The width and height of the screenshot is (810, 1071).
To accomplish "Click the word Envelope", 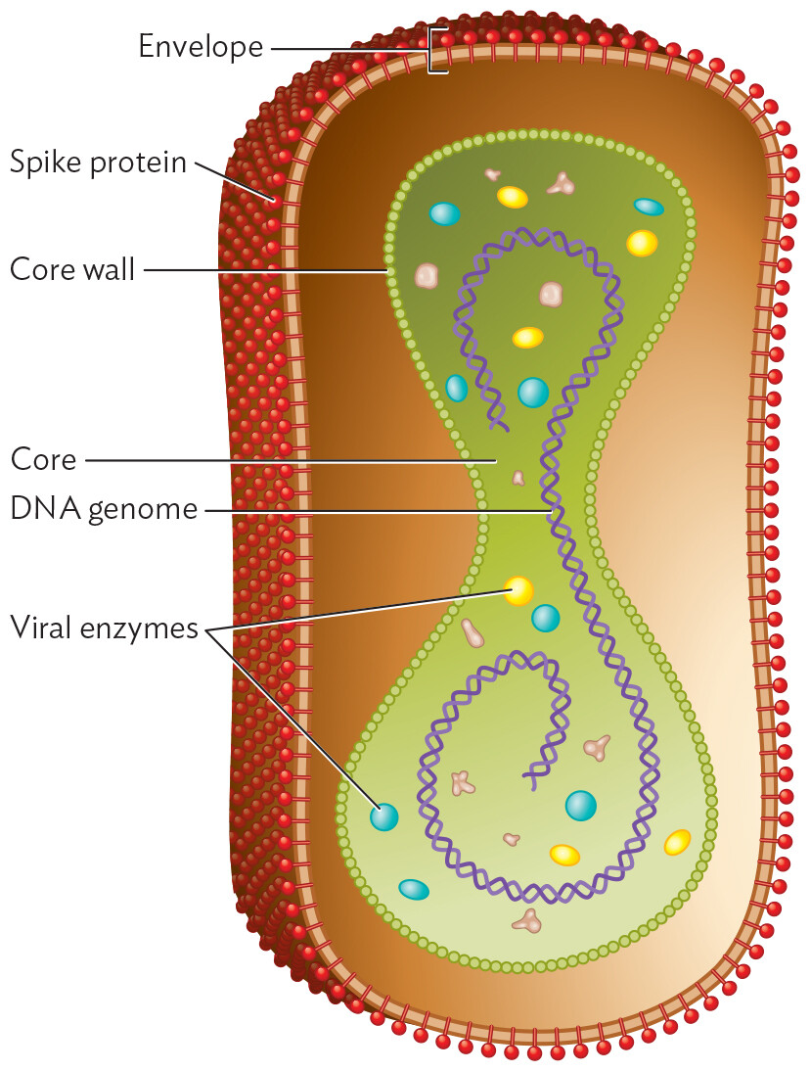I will (200, 46).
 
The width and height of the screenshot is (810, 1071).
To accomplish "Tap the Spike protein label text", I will (98, 162).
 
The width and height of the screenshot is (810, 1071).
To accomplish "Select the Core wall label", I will (71, 269).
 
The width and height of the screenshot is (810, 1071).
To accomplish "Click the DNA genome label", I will (104, 509).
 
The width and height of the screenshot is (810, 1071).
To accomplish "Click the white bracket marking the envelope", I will (437, 49).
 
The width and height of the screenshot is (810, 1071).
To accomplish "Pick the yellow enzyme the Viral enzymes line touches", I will (518, 590).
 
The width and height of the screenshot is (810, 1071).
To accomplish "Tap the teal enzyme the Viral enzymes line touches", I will (383, 816).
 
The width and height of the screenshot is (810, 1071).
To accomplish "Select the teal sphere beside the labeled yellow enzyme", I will (545, 618).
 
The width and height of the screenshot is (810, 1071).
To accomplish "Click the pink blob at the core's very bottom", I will (528, 920).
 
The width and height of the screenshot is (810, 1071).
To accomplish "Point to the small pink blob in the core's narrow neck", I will (517, 478).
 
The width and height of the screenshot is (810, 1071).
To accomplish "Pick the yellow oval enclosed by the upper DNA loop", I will (527, 338).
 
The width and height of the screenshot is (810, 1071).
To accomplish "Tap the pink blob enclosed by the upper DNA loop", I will (552, 293).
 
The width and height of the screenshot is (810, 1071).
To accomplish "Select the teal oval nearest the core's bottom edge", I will (414, 889).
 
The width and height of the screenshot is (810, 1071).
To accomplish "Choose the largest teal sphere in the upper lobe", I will (532, 392).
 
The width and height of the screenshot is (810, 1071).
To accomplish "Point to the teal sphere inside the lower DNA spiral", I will (580, 805).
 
